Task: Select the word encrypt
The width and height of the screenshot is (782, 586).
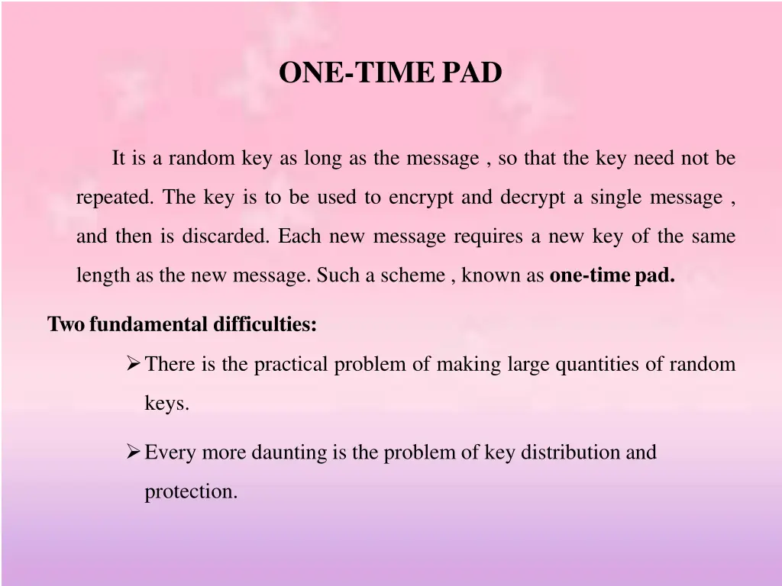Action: coord(422,198)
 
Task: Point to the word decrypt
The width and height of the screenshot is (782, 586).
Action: coord(533,198)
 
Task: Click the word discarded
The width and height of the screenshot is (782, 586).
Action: coord(225,237)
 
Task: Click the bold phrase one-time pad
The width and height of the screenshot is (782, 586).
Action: coord(612,275)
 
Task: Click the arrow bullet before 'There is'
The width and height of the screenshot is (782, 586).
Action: coord(133,363)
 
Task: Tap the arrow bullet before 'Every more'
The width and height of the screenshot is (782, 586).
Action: coord(133,452)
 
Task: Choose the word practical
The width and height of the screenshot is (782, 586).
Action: coord(293,364)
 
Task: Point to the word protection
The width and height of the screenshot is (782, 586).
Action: coord(191,492)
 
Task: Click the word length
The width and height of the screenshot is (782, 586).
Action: coord(103,275)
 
